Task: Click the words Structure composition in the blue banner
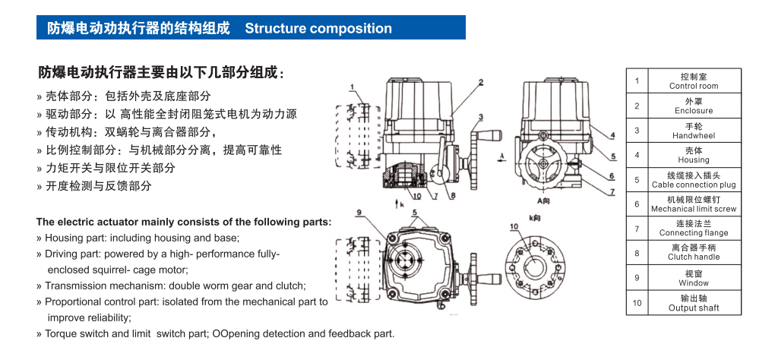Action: [318, 29]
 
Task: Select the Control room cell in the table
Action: [693, 81]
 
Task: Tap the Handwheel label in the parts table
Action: [693, 131]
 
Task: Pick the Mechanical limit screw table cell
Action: [693, 204]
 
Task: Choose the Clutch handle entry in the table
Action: [693, 252]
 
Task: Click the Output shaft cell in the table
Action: [693, 303]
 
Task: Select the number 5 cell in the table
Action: [637, 180]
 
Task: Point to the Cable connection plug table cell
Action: [693, 179]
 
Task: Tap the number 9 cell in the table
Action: [637, 278]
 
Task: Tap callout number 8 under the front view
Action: [451, 195]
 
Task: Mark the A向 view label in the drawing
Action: [542, 201]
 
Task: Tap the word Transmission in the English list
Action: [76, 286]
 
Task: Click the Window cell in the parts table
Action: [693, 278]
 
